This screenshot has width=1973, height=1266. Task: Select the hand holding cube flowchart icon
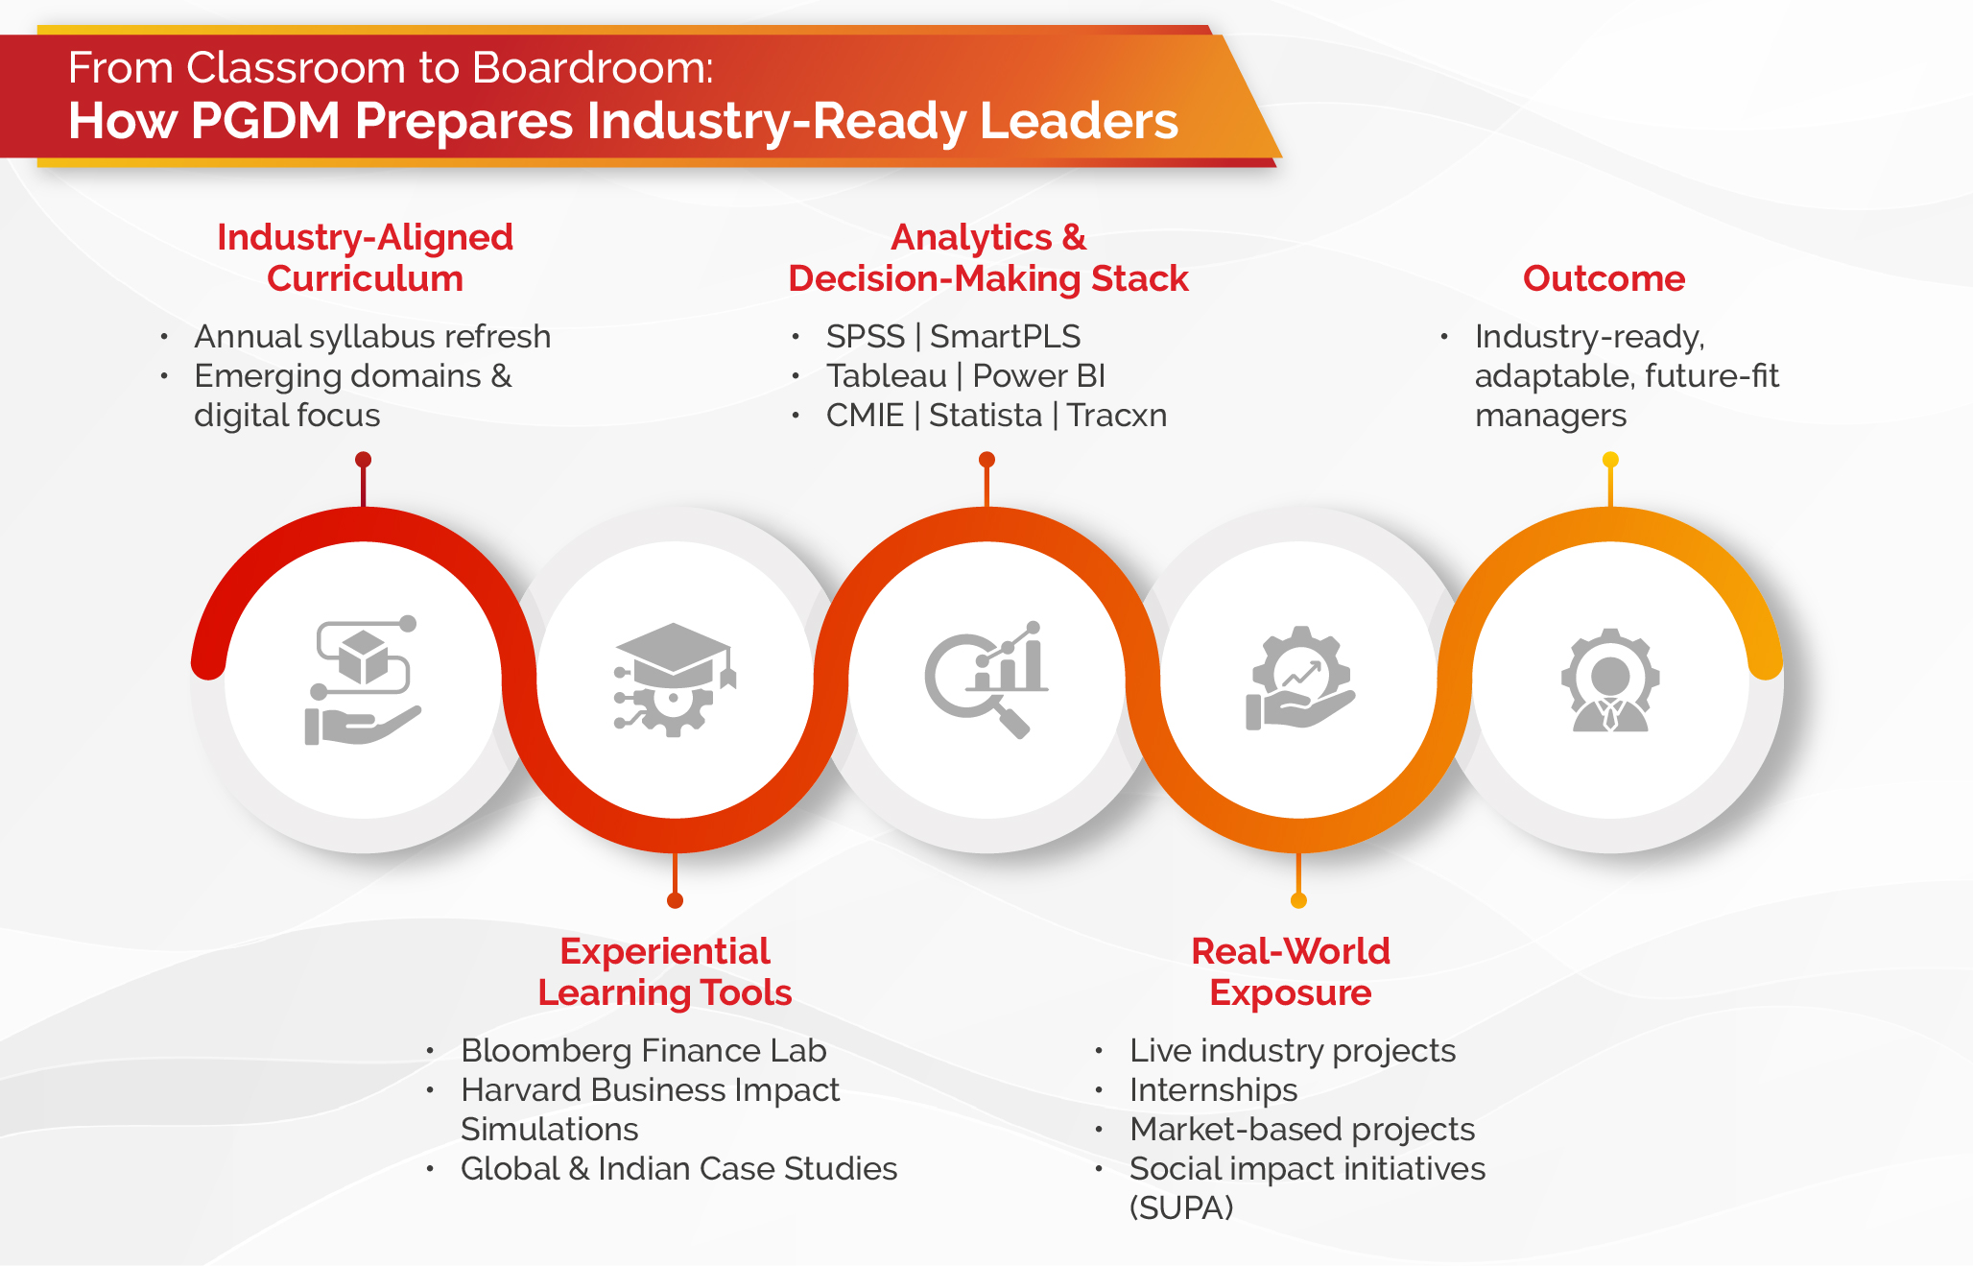click(363, 681)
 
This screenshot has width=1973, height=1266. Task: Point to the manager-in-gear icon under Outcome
click(1610, 681)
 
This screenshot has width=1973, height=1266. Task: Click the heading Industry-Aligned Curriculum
click(365, 257)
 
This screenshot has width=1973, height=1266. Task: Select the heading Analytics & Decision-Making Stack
click(987, 257)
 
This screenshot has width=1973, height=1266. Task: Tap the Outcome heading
click(1604, 278)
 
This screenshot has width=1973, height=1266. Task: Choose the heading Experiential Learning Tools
click(665, 971)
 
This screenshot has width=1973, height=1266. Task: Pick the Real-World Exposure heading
click(1291, 971)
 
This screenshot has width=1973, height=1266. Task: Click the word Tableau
click(886, 376)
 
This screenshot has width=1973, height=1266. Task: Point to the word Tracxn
click(1117, 416)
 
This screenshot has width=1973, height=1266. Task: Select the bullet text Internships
click(1213, 1090)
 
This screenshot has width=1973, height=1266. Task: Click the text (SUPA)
click(1181, 1207)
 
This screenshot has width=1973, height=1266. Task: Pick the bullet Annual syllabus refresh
click(372, 337)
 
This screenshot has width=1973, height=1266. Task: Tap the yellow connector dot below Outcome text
click(1610, 460)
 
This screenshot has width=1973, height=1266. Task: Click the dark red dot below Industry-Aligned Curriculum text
click(363, 460)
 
